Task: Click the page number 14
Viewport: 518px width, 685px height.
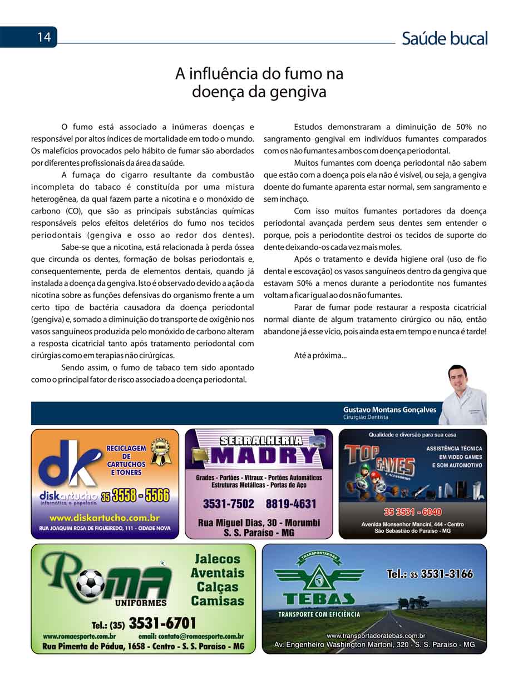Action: tap(44, 37)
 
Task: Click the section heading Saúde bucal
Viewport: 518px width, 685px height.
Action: tap(444, 38)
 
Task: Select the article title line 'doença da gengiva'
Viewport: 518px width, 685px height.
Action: tap(259, 92)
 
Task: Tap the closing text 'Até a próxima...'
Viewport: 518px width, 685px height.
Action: tap(320, 355)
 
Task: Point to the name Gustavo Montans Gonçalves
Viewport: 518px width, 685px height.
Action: tap(389, 409)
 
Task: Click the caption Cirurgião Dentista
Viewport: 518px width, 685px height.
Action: tap(366, 417)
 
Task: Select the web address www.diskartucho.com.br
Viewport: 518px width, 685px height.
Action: tap(105, 518)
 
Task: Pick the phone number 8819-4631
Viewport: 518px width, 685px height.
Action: tap(290, 504)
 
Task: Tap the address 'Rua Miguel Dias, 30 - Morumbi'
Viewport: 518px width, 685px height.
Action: tap(259, 523)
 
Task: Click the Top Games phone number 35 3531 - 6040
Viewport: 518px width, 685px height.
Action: tap(412, 512)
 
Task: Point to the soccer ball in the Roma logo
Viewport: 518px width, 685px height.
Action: tap(90, 584)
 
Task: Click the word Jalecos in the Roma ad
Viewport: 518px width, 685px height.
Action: tap(218, 559)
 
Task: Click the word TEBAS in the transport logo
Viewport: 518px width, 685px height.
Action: tap(319, 599)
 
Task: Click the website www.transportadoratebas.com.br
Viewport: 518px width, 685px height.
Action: tap(376, 635)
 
